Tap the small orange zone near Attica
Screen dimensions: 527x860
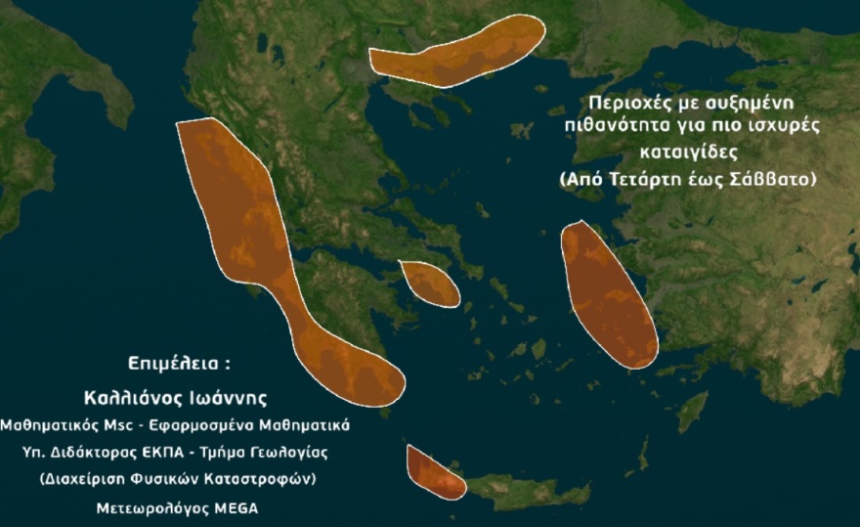pos(430,284)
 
